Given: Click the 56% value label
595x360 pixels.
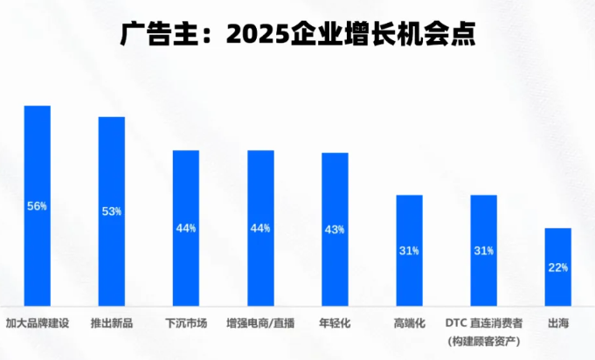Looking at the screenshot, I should (38, 206).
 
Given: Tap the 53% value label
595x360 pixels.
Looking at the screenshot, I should (112, 211).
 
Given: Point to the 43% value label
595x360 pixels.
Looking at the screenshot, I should (335, 229).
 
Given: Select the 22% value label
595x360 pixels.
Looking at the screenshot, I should (557, 267).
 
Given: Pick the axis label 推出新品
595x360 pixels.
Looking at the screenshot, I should (112, 323).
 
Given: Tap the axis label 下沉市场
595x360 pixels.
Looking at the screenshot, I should (186, 323).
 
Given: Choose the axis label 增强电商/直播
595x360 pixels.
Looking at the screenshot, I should (260, 323).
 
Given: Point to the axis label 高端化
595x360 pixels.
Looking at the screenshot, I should (409, 323).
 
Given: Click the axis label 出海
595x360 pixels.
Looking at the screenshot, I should (557, 323).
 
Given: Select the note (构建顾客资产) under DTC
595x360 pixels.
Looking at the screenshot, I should (483, 340).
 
